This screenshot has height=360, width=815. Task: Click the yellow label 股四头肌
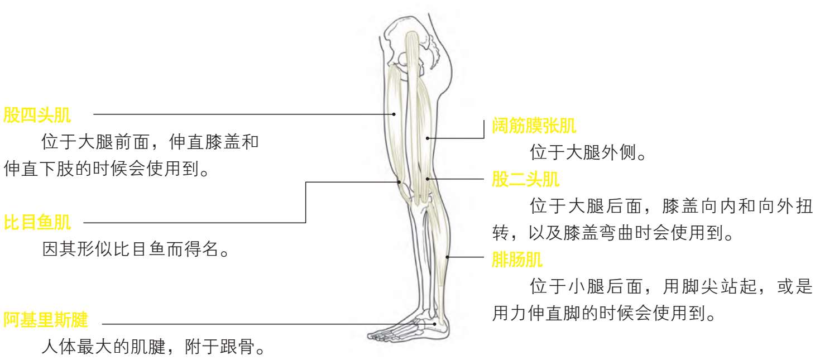click(x=37, y=115)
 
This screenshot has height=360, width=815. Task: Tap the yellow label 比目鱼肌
click(x=37, y=223)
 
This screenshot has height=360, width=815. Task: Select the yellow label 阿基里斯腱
click(x=46, y=320)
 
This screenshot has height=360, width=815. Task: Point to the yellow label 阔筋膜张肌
click(x=534, y=126)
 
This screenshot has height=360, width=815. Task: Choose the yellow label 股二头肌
click(x=525, y=180)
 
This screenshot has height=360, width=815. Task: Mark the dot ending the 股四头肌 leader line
click(x=394, y=114)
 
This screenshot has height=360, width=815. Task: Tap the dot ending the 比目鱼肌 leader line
click(x=400, y=182)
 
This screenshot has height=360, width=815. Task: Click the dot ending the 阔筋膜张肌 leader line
click(x=426, y=138)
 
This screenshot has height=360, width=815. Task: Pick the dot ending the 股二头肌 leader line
click(x=427, y=179)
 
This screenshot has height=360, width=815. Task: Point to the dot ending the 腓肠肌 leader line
click(x=448, y=257)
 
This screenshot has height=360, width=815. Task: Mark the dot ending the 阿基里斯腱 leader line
click(x=436, y=323)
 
